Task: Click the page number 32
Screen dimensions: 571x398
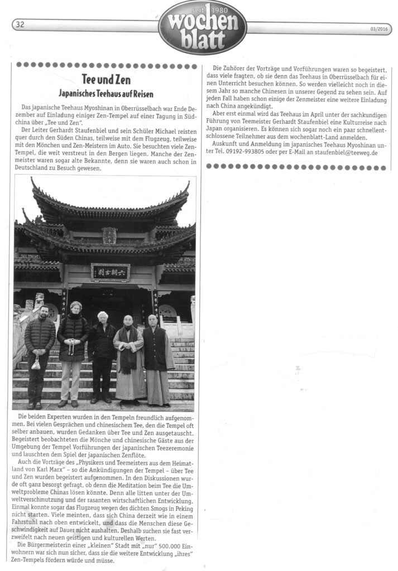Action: click(x=20, y=24)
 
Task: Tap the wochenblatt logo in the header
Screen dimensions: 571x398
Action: click(x=203, y=28)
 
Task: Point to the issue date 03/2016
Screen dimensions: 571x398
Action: click(x=378, y=30)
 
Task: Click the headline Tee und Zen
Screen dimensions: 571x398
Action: click(x=106, y=80)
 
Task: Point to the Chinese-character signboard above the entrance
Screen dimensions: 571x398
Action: click(x=110, y=272)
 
